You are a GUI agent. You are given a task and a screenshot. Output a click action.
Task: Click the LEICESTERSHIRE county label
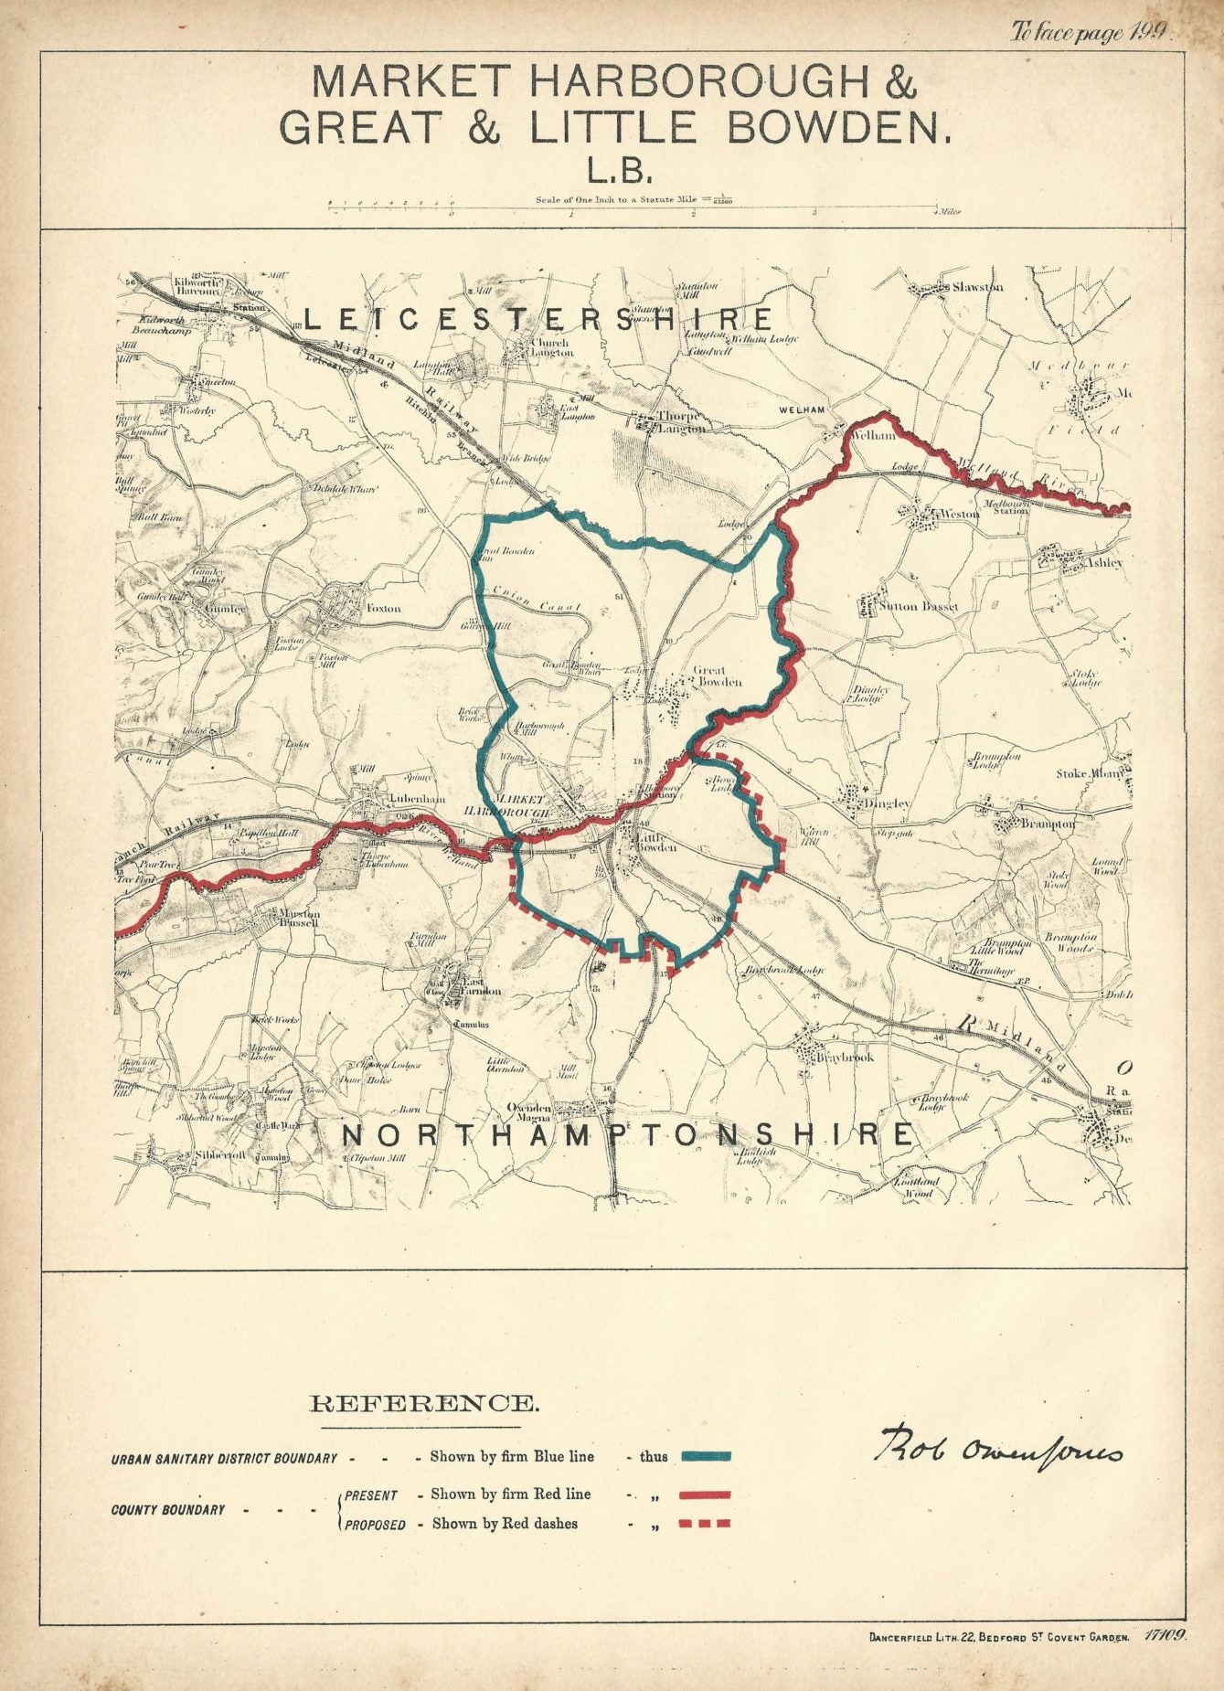coord(537,319)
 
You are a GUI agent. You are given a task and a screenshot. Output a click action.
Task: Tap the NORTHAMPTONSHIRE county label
coord(626,1134)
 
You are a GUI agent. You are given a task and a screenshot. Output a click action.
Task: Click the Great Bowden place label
coord(718,676)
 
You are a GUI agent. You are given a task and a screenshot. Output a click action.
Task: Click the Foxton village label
coord(383,608)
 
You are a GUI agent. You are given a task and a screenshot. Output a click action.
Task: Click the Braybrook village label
coord(846,1057)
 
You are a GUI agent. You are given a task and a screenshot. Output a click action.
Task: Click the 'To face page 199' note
coord(1089,34)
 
